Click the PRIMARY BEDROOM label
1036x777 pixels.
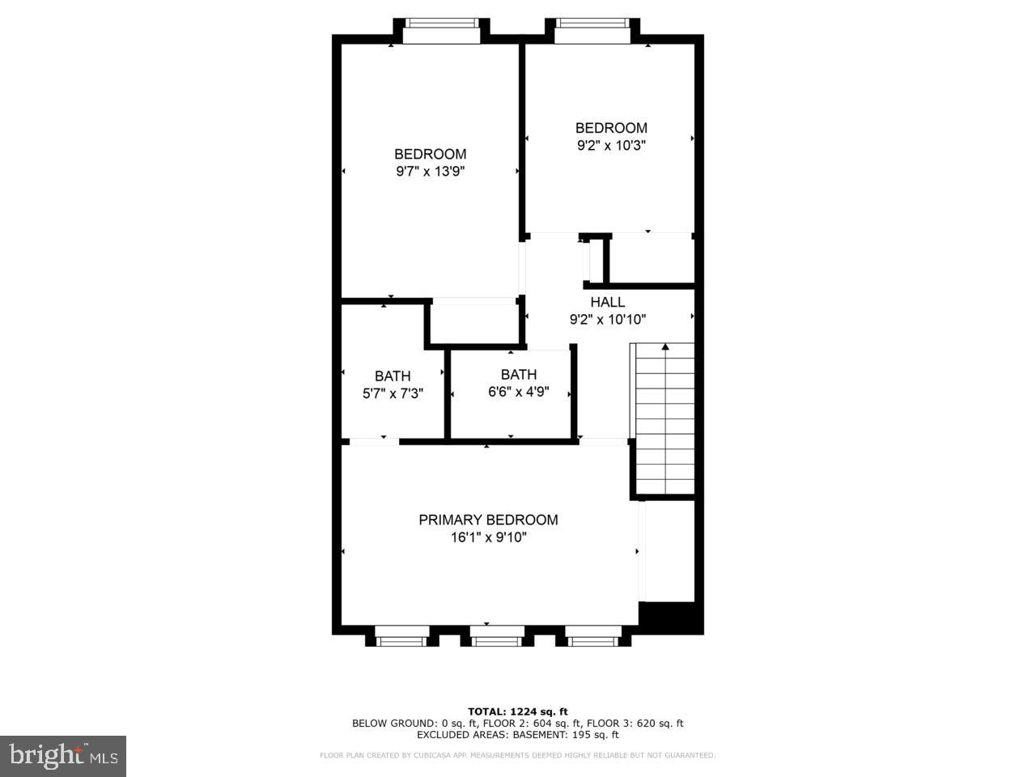pyautogui.click(x=488, y=520)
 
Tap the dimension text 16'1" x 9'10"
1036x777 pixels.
pyautogui.click(x=488, y=537)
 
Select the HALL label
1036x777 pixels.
pyautogui.click(x=607, y=302)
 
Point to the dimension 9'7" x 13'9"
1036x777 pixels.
pyautogui.click(x=430, y=172)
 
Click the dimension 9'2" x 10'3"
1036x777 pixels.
pyautogui.click(x=611, y=146)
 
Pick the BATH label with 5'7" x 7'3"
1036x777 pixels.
pyautogui.click(x=393, y=376)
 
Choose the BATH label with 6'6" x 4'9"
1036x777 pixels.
pyautogui.click(x=518, y=374)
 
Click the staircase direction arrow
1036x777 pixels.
pyautogui.click(x=665, y=348)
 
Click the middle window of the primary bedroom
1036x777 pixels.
pyautogui.click(x=498, y=640)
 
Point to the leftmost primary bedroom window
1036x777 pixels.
pyautogui.click(x=401, y=640)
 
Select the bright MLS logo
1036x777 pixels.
pyautogui.click(x=62, y=757)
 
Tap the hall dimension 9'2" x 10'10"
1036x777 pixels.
pyautogui.click(x=607, y=320)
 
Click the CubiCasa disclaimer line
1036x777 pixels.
pyautogui.click(x=517, y=755)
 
